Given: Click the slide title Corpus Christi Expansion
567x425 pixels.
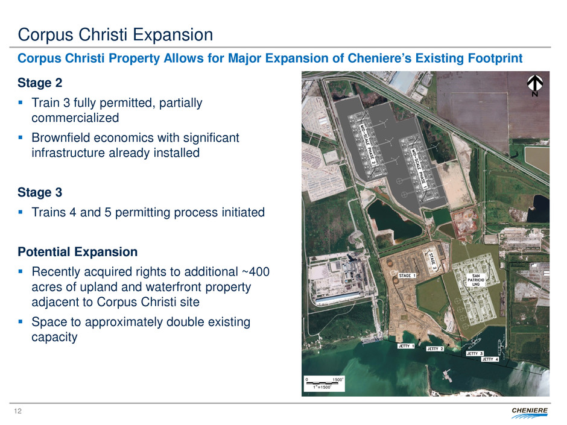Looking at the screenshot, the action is [x=115, y=35].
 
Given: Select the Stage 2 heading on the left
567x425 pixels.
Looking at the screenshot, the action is [x=40, y=83].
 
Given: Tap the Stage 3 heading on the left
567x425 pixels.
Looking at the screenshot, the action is [x=40, y=192].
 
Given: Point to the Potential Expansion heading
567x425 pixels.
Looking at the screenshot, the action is [x=77, y=251].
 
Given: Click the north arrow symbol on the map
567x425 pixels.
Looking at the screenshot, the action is [x=534, y=86].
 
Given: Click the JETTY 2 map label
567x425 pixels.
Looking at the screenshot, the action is [x=435, y=349].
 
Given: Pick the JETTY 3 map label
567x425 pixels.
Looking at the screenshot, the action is [x=475, y=353].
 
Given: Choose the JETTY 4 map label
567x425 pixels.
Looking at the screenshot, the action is [x=490, y=359].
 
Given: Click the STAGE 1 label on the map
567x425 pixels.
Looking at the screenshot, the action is [x=407, y=275].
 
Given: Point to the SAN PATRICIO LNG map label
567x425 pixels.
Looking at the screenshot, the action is [x=476, y=280].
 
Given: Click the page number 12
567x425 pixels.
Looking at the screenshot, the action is [x=17, y=411].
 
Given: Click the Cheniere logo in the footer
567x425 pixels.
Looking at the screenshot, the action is [x=530, y=412].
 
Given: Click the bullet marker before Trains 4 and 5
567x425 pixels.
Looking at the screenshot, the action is [x=21, y=212].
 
